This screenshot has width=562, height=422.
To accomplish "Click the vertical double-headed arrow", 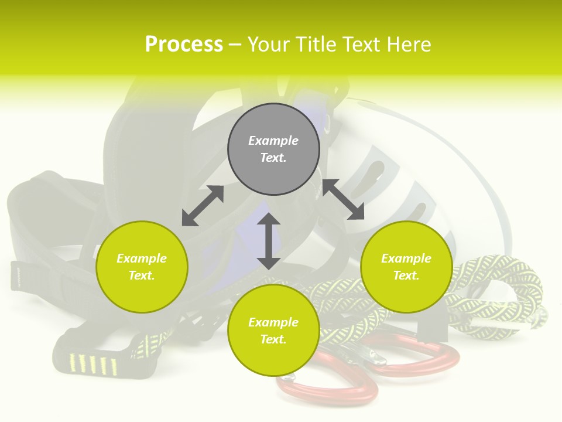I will click(x=269, y=241).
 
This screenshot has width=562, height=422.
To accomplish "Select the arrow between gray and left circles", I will click(x=203, y=206).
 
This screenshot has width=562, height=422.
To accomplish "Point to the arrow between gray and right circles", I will click(x=343, y=199).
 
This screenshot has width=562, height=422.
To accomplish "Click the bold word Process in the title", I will click(x=184, y=45).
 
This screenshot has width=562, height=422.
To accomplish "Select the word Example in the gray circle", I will click(x=273, y=141).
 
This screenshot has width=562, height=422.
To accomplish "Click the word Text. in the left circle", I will click(x=142, y=275).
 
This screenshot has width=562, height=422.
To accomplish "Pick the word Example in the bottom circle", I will click(x=273, y=322).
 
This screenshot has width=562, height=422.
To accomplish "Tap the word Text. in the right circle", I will click(x=406, y=275).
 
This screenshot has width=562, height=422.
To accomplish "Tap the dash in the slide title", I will click(x=235, y=45).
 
